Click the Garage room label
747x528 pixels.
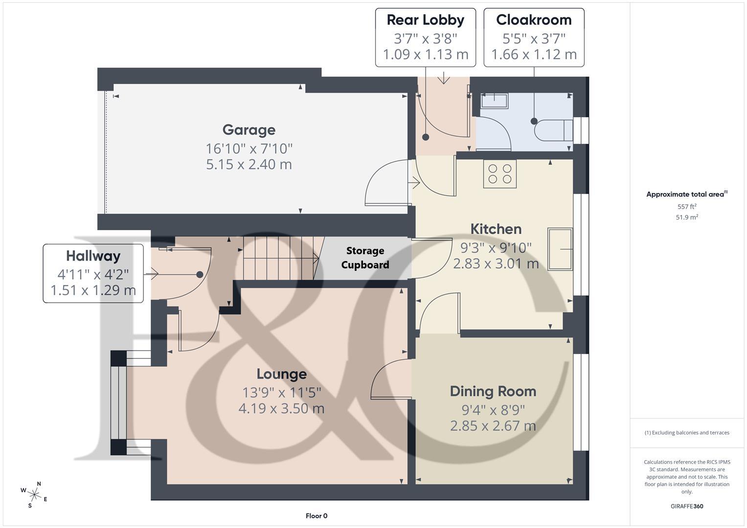click(249, 130)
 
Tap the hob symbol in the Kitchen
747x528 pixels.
click(499, 174)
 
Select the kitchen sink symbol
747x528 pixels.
click(560, 249)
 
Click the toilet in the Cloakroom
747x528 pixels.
click(553, 131)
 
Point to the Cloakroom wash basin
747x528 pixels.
click(494, 101)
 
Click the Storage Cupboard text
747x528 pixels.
click(365, 258)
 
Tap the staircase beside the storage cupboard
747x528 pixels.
click(279, 258)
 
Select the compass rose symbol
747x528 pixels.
click(34, 494)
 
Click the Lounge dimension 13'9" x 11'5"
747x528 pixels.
click(281, 392)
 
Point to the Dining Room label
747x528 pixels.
click(493, 391)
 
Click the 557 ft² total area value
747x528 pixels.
click(686, 207)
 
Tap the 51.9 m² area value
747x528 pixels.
click(686, 218)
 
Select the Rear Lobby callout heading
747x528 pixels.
click(425, 20)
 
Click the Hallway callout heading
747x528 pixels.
click(93, 256)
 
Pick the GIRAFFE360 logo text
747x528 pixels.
click(686, 506)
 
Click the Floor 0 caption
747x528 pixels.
click(316, 516)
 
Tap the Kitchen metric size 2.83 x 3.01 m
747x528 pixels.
click(496, 264)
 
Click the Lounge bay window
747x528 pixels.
click(119, 403)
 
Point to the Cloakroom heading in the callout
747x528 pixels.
click(534, 20)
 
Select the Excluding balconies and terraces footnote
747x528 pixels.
click(686, 433)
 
